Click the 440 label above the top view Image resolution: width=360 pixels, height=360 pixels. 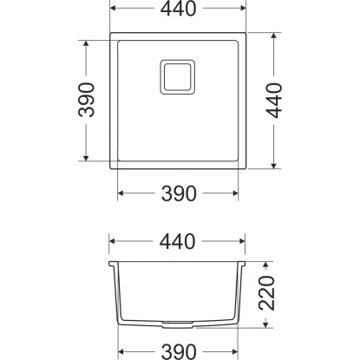179,9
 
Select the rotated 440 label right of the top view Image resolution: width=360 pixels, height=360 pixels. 274,101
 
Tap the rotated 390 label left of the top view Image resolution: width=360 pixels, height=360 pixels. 86,100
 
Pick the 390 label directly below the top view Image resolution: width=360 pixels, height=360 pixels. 179,193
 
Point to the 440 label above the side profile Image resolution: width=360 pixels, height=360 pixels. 177,241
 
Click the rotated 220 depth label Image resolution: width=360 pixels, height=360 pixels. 266,293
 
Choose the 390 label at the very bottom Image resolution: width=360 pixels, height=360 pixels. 179,352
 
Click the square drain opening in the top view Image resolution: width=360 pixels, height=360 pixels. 178,77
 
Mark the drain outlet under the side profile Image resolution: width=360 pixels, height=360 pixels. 178,324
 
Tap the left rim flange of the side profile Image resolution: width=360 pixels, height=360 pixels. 114,264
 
